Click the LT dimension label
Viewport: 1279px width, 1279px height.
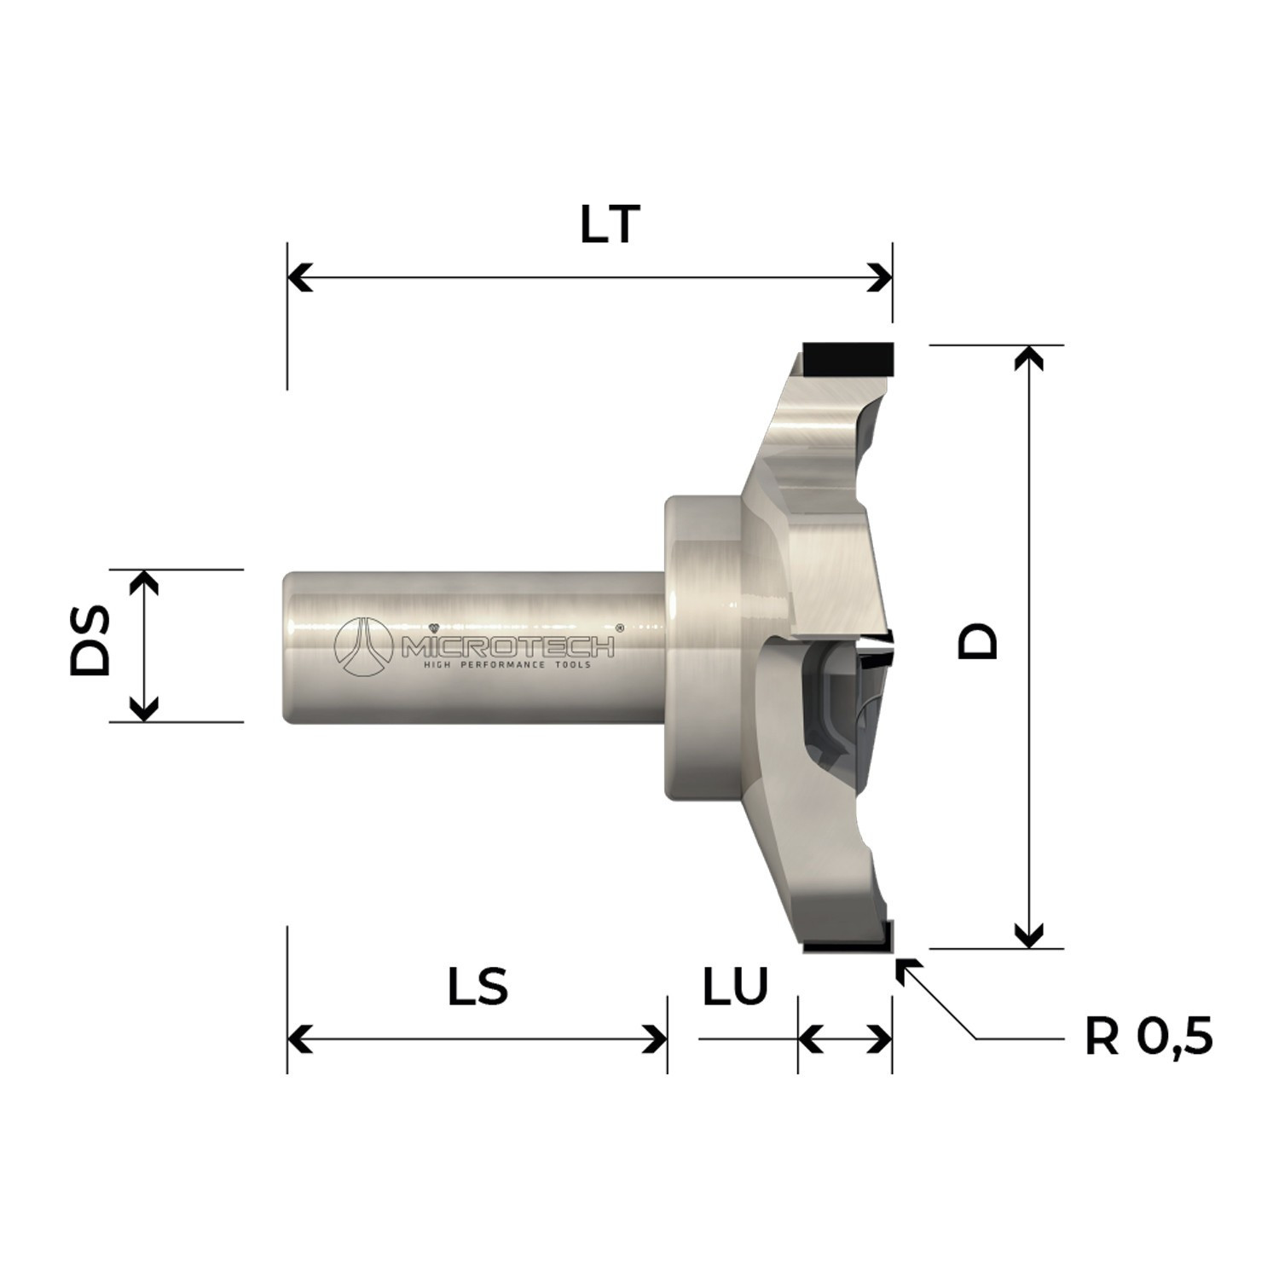(x=610, y=225)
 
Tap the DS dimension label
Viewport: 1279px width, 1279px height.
(x=91, y=640)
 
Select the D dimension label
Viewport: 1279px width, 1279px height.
(x=977, y=640)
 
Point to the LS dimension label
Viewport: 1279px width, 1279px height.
(x=478, y=987)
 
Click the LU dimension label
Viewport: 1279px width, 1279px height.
(x=735, y=987)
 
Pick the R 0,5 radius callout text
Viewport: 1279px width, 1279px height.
(x=1148, y=1038)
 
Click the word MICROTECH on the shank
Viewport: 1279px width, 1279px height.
(x=506, y=648)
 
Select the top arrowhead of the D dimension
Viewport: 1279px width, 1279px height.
(x=1030, y=358)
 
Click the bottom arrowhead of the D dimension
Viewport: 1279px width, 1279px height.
(x=1030, y=935)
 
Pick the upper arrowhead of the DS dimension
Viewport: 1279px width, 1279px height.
(x=144, y=582)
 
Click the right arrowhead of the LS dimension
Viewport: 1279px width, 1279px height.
(x=655, y=1039)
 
